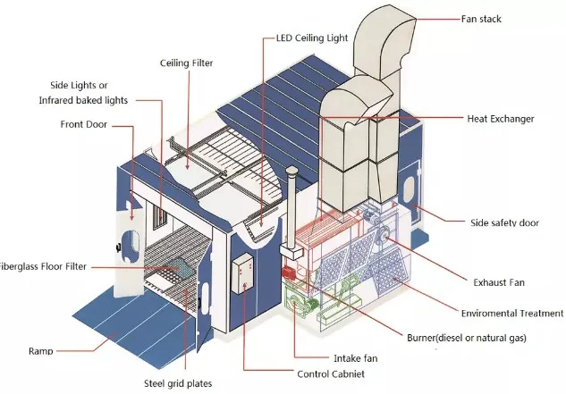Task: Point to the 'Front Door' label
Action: (84, 124)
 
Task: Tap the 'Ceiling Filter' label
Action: (188, 63)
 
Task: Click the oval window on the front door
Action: (127, 243)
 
